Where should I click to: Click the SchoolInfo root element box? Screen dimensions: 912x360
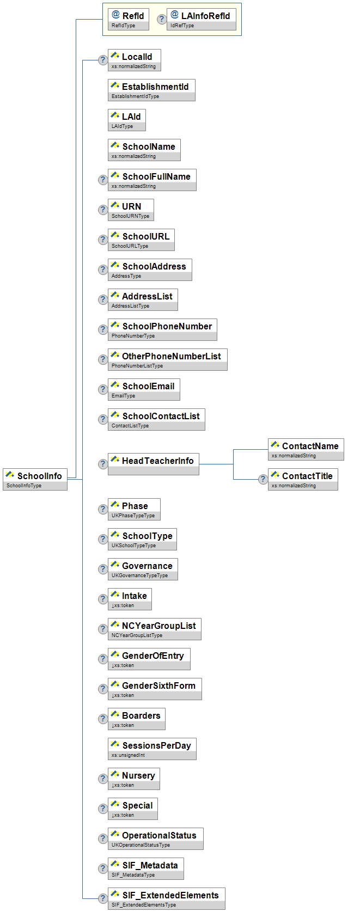(35, 479)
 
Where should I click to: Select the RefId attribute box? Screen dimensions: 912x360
(128, 20)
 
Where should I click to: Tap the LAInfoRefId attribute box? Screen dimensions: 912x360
(201, 20)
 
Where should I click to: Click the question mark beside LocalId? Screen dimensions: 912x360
(102, 60)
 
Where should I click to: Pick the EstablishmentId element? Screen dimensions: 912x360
(151, 90)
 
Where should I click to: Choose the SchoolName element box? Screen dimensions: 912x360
(144, 150)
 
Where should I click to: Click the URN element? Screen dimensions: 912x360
(131, 210)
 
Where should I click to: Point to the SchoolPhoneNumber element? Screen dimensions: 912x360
(162, 329)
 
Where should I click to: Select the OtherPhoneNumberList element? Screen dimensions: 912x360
(167, 359)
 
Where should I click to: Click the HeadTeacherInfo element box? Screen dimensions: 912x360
(153, 464)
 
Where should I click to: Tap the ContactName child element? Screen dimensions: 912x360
(306, 449)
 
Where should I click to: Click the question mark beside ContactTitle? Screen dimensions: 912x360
(263, 479)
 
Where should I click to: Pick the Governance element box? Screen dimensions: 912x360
(143, 569)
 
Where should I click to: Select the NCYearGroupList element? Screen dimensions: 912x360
(154, 629)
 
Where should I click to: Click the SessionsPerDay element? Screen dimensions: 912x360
(152, 749)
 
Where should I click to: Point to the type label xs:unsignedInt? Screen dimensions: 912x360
(128, 755)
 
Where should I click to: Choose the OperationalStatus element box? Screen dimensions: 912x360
(155, 838)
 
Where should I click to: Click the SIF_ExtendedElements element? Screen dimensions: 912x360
(166, 898)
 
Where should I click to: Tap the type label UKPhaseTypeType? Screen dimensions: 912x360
(133, 516)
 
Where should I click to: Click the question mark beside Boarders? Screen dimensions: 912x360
(102, 719)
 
